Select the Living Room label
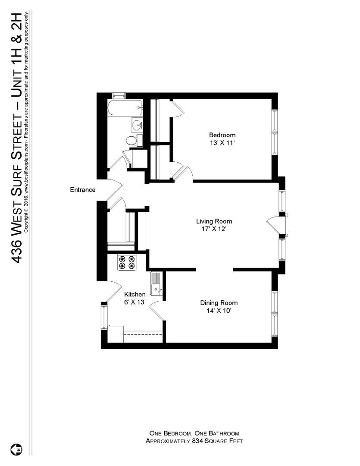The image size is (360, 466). point(211,221)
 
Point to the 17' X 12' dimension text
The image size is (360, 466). point(211,229)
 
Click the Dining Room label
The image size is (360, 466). point(219,303)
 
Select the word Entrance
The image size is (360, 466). point(83,190)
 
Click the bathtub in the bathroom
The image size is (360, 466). point(125,107)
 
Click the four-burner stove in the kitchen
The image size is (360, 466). point(126,262)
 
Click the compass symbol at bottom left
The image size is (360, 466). point(19,449)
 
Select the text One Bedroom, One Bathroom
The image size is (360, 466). point(194,433)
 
